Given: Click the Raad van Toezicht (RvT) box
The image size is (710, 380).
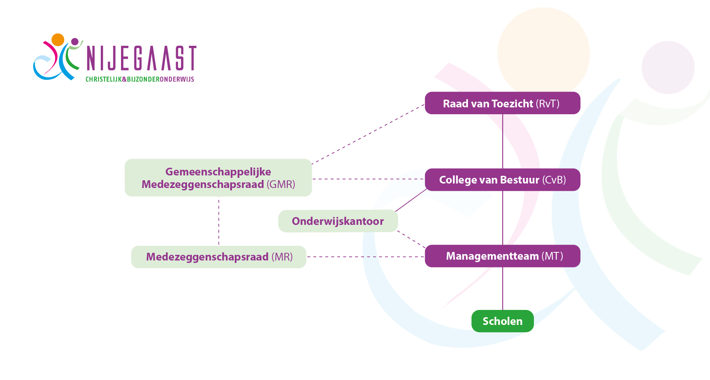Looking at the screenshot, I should pyautogui.click(x=502, y=103).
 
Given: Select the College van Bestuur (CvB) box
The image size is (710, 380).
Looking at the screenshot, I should pyautogui.click(x=502, y=180).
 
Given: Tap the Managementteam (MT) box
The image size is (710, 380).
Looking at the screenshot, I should pyautogui.click(x=502, y=256).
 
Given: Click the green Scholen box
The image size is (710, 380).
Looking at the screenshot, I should pyautogui.click(x=502, y=321).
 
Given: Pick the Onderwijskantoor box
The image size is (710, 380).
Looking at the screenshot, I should pyautogui.click(x=338, y=221).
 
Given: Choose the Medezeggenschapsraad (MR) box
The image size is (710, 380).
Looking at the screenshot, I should pyautogui.click(x=219, y=257).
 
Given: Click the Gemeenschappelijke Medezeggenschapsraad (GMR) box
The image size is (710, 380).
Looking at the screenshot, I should pyautogui.click(x=218, y=178).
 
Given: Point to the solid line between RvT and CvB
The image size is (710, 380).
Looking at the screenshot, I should pyautogui.click(x=503, y=141).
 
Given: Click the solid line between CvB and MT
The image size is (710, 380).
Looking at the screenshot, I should pyautogui.click(x=503, y=218).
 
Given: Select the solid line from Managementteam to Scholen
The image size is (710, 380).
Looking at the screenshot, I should pyautogui.click(x=503, y=288).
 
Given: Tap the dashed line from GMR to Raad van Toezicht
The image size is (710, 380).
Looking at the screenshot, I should pyautogui.click(x=368, y=134).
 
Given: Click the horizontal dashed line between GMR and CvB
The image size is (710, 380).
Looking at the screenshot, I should pyautogui.click(x=368, y=179).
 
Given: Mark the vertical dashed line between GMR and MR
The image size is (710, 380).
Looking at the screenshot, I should pyautogui.click(x=219, y=221).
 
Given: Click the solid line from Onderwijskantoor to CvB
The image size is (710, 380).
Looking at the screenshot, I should pyautogui.click(x=411, y=200).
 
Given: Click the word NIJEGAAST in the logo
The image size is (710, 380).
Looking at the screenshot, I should pyautogui.click(x=141, y=59).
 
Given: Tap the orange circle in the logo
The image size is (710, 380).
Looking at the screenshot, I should pyautogui.click(x=58, y=40).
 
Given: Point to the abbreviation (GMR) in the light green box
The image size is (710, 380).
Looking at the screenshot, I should pyautogui.click(x=281, y=185).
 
